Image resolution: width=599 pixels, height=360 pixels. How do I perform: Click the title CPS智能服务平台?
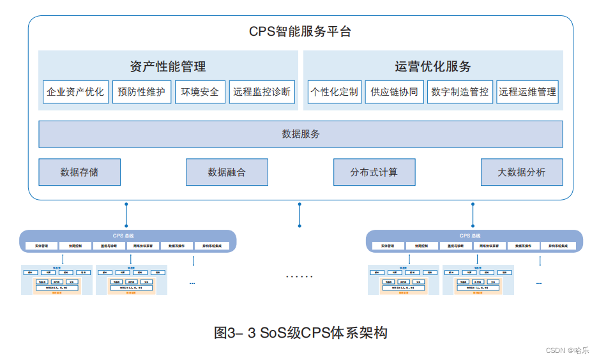pyautogui.click(x=300, y=31)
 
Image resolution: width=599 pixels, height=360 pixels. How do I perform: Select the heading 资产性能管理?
pyautogui.click(x=168, y=66)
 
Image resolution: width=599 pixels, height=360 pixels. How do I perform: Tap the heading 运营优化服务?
pyautogui.click(x=432, y=66)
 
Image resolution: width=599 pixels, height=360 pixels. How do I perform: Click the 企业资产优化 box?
pyautogui.click(x=75, y=92)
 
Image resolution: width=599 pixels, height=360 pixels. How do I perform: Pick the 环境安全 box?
pyautogui.click(x=200, y=92)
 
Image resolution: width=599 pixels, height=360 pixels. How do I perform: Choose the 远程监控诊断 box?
pyautogui.click(x=262, y=92)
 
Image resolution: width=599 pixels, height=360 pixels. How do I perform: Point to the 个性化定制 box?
pyautogui.click(x=334, y=92)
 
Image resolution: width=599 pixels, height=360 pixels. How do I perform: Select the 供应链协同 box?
pyautogui.click(x=394, y=92)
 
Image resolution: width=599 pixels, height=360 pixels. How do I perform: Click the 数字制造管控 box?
pyautogui.click(x=460, y=92)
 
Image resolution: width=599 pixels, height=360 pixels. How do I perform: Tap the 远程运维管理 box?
pyautogui.click(x=527, y=92)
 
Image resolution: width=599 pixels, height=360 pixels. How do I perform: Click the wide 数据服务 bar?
pyautogui.click(x=300, y=134)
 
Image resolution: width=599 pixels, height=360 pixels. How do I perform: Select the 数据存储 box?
pyautogui.click(x=79, y=172)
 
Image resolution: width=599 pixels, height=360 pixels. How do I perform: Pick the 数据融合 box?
pyautogui.click(x=227, y=172)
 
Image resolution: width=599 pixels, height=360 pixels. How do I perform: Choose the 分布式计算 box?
pyautogui.click(x=374, y=172)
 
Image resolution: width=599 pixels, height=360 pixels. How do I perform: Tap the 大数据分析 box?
pyautogui.click(x=522, y=172)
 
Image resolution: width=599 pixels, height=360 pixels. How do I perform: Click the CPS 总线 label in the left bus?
pyautogui.click(x=128, y=236)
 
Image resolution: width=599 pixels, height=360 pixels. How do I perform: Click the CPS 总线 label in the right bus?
pyautogui.click(x=474, y=236)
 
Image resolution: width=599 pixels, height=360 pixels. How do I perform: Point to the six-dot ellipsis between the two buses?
pyautogui.click(x=299, y=276)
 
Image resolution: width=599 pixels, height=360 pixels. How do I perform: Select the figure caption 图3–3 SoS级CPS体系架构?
pyautogui.click(x=300, y=333)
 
